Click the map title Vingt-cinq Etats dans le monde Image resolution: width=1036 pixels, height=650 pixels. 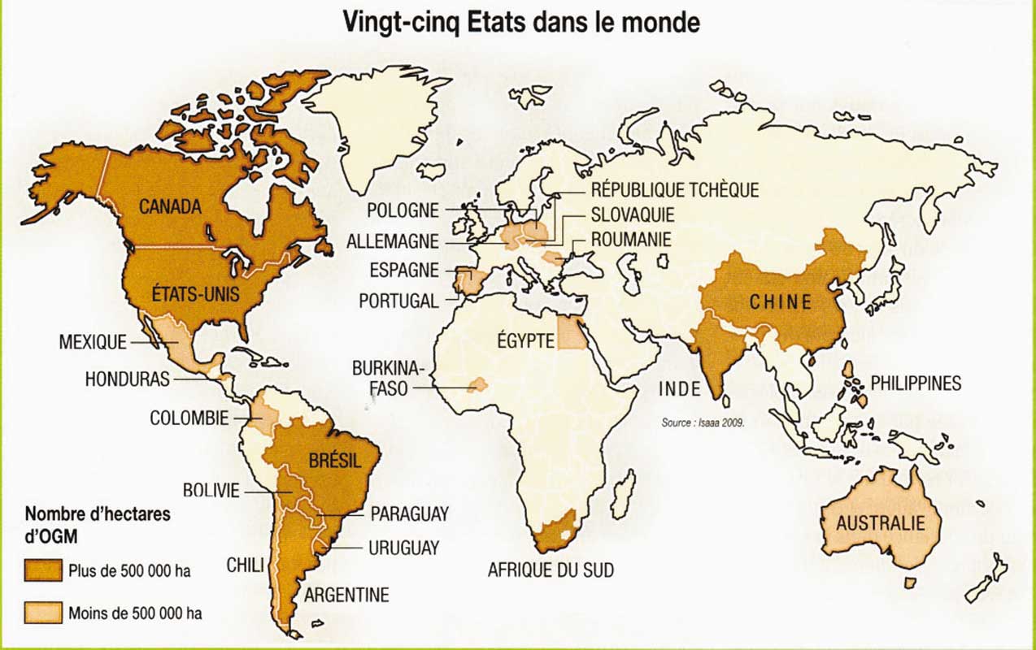[520, 22]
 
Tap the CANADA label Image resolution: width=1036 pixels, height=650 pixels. [170, 207]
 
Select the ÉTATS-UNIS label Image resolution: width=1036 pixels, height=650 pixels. [196, 292]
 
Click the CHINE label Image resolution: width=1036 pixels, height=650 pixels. [781, 302]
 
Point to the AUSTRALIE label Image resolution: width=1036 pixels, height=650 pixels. [881, 522]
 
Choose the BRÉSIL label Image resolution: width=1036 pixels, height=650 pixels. [333, 461]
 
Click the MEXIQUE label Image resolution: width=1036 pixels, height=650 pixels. [93, 342]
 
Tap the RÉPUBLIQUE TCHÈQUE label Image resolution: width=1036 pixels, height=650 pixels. [674, 190]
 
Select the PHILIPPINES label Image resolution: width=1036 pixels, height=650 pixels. [916, 383]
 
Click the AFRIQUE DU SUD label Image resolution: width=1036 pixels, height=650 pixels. [551, 569]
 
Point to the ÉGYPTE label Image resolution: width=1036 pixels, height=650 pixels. [525, 341]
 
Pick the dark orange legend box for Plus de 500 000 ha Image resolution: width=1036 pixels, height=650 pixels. [43, 570]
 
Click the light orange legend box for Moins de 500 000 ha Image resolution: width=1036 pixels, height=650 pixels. [43, 613]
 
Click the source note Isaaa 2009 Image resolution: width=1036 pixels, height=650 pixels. [703, 422]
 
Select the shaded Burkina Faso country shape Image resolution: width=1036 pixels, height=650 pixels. [477, 384]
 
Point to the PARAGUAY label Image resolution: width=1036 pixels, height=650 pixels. [409, 514]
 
